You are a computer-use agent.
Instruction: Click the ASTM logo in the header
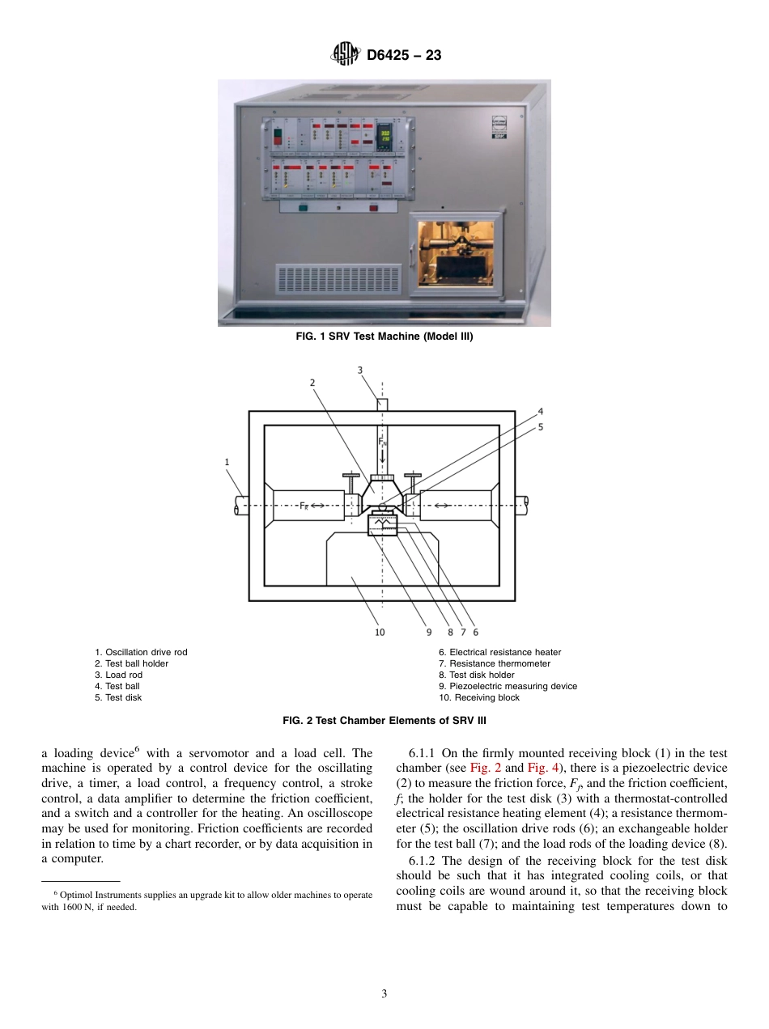click(345, 55)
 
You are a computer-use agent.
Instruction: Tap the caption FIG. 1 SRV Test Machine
click(384, 337)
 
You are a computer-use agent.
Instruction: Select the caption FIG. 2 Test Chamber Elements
click(384, 720)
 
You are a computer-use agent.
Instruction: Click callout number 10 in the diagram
click(380, 633)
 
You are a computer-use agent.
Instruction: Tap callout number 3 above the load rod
click(361, 371)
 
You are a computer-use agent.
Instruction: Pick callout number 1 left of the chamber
click(227, 462)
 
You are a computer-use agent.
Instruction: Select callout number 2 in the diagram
click(312, 382)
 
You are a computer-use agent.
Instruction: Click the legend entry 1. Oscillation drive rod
click(141, 652)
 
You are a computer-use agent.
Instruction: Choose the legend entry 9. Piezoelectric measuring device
click(508, 686)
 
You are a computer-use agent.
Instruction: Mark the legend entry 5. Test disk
click(118, 697)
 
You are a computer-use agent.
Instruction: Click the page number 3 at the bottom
click(384, 994)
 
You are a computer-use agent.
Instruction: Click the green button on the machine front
click(303, 207)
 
